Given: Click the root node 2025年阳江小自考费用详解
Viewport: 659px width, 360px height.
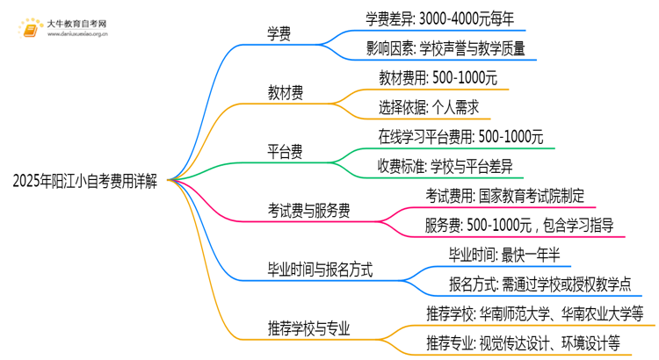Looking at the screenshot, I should coord(85,181).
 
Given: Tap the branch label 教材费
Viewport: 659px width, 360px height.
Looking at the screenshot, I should coord(287,92).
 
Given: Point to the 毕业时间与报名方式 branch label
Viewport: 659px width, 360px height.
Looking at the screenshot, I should coord(320,270).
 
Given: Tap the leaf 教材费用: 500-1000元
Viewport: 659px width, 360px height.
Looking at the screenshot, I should coord(438,78).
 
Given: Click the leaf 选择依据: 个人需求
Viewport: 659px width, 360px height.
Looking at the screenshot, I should coord(428,108).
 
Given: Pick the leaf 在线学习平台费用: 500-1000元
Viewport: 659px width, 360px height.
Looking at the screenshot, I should coord(460,137).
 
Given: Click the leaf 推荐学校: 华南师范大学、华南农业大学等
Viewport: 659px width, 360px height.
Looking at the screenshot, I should coord(535,313).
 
